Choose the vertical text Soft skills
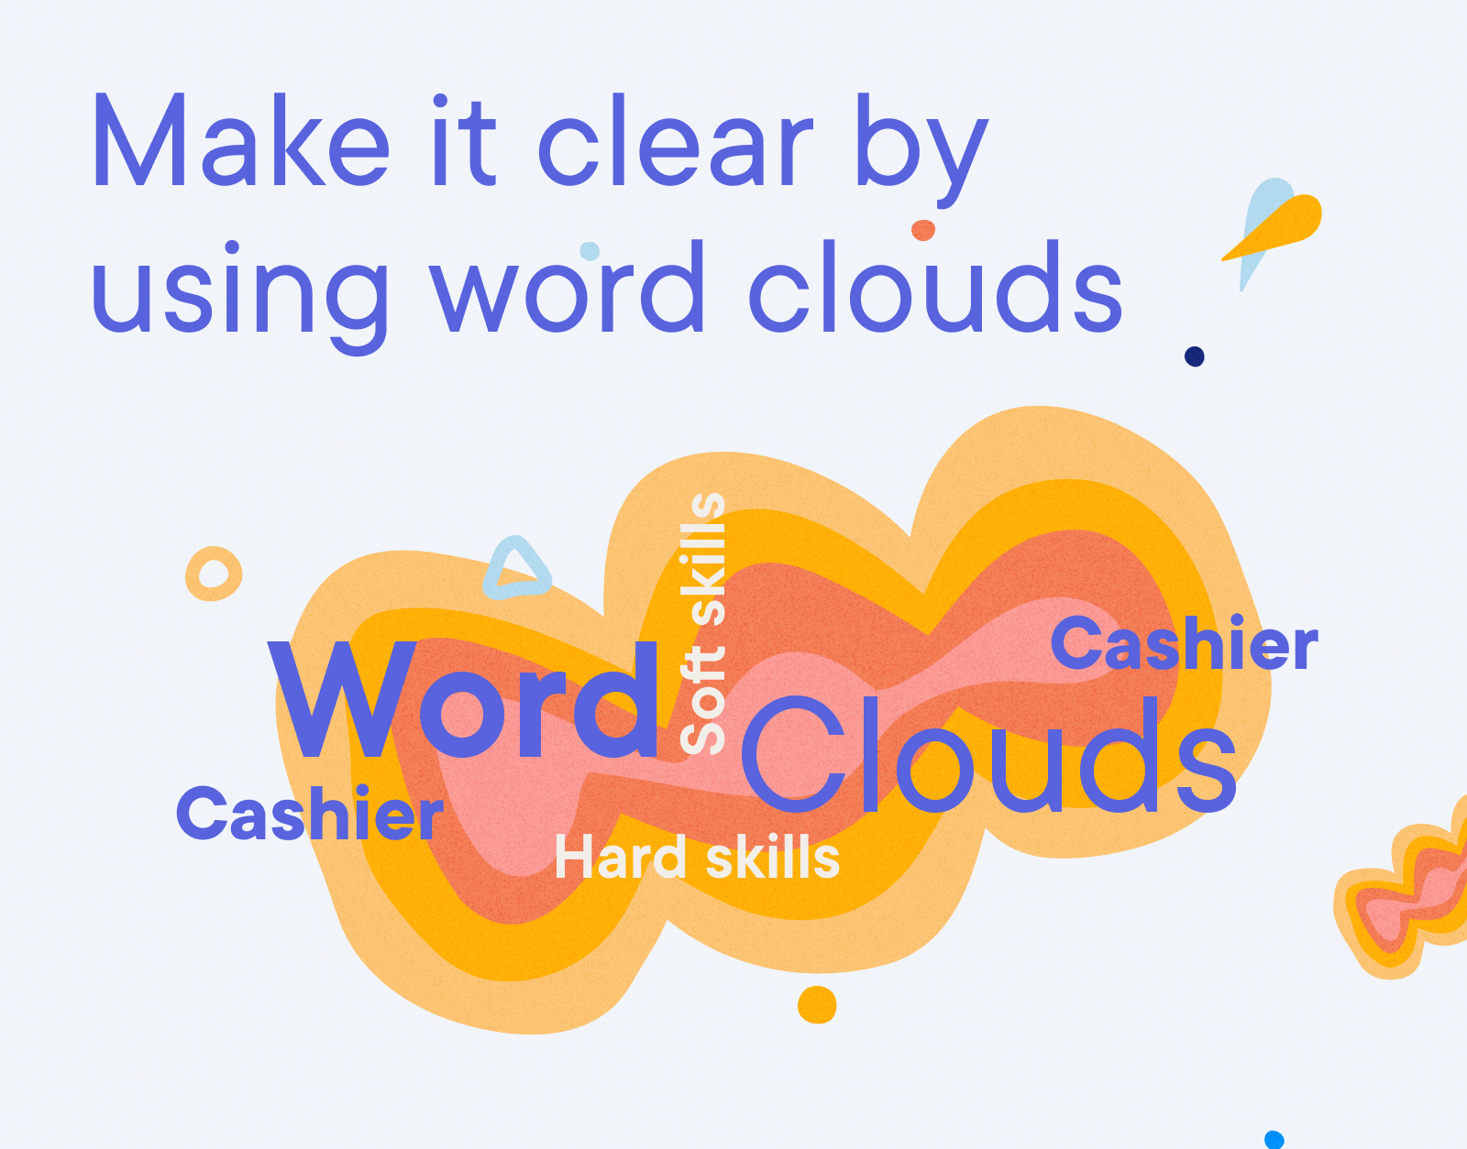tap(703, 623)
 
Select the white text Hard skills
tap(697, 859)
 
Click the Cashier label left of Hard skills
tap(310, 815)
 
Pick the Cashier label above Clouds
tap(1184, 644)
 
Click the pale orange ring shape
tap(214, 574)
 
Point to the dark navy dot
tap(1194, 356)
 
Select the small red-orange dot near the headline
tap(923, 230)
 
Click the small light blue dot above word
tap(590, 250)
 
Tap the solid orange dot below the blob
tap(817, 1005)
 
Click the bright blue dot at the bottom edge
tap(1274, 1140)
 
